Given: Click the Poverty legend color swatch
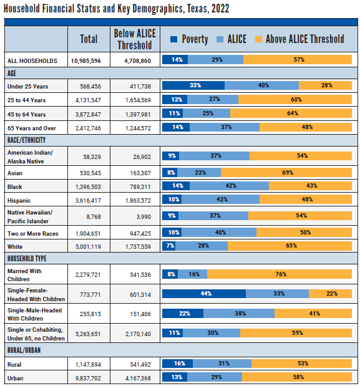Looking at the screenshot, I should tap(174, 39).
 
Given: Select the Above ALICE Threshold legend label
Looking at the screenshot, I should tap(304, 39).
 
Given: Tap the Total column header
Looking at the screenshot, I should tap(89, 39).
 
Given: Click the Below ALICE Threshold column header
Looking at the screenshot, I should tap(135, 39).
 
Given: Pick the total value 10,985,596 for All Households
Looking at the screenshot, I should tap(89, 60).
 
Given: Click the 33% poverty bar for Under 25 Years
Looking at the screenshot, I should tap(193, 85).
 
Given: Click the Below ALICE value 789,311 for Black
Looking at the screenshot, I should tap(135, 185).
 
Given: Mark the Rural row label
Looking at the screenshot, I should tap(16, 363).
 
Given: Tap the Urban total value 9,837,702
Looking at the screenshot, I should tap(89, 378).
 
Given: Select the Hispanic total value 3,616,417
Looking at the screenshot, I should tap(89, 200).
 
